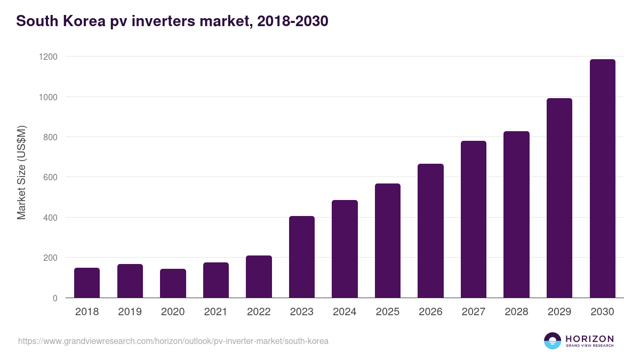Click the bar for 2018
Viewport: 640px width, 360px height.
pos(87,283)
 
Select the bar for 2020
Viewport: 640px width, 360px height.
pos(173,283)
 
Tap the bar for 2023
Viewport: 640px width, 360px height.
pos(301,257)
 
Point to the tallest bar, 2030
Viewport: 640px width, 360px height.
pos(602,179)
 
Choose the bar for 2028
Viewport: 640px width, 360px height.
pos(516,214)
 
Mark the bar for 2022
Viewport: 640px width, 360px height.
pos(259,277)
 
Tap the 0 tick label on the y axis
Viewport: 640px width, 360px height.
pos(55,298)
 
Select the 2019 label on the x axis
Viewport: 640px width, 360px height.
pos(130,312)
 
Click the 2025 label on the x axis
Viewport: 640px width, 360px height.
pos(387,312)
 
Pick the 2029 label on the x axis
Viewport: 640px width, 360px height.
pos(559,312)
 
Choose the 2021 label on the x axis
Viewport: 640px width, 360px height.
pos(215,312)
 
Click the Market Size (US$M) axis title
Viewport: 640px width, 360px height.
pos(21,173)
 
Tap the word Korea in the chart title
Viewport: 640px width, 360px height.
pos(85,21)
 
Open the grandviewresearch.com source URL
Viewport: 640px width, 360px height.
pos(173,341)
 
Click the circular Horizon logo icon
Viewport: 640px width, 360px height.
pos(552,341)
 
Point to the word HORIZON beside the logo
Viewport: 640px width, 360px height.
pos(589,338)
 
